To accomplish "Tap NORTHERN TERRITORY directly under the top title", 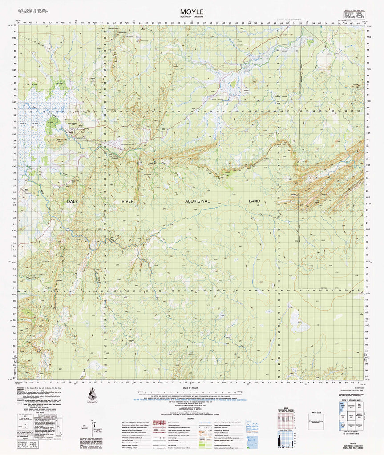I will pyautogui.click(x=192, y=17).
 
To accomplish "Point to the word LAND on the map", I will pyautogui.click(x=254, y=201).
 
